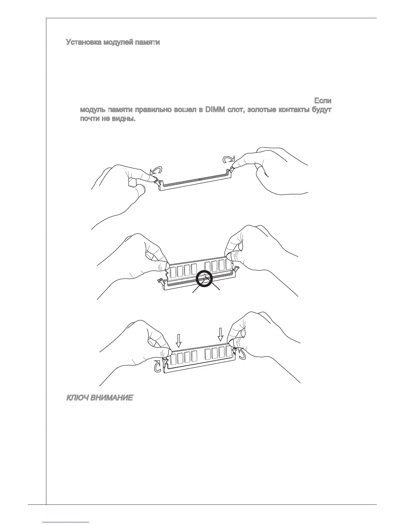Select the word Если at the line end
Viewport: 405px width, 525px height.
click(x=323, y=100)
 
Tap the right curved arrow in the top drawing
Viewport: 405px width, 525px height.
click(x=229, y=160)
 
